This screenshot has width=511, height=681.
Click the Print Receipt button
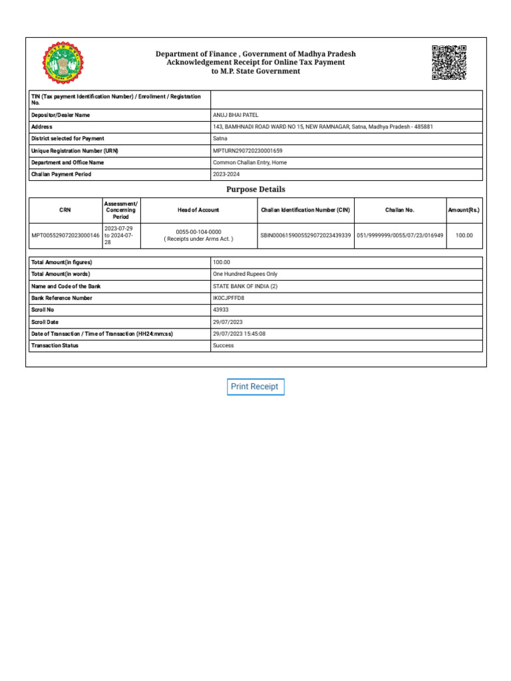(x=255, y=386)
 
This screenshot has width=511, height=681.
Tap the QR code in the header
(x=448, y=63)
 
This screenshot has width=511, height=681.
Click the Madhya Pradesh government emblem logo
(x=63, y=63)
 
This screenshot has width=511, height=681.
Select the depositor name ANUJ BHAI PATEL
(x=235, y=115)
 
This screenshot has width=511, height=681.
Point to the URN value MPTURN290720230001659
(x=248, y=151)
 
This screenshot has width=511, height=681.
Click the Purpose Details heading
(x=255, y=190)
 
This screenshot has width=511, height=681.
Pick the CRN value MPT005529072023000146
(x=65, y=235)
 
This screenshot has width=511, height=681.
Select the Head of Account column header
(x=198, y=210)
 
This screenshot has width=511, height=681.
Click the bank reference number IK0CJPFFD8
(x=228, y=298)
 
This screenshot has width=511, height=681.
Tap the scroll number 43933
(x=220, y=310)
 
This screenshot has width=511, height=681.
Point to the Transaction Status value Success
(x=223, y=346)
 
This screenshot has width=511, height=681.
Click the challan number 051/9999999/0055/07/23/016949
(x=400, y=235)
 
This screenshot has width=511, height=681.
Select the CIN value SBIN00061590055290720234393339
(x=305, y=235)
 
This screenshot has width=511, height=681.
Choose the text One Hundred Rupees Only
(x=245, y=274)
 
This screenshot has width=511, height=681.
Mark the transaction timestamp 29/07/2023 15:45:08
(x=239, y=334)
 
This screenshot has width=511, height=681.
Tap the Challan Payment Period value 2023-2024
(x=227, y=174)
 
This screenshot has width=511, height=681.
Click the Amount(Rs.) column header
(x=464, y=210)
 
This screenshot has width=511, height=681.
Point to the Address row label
(x=42, y=126)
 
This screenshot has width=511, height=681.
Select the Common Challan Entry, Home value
(x=250, y=162)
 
